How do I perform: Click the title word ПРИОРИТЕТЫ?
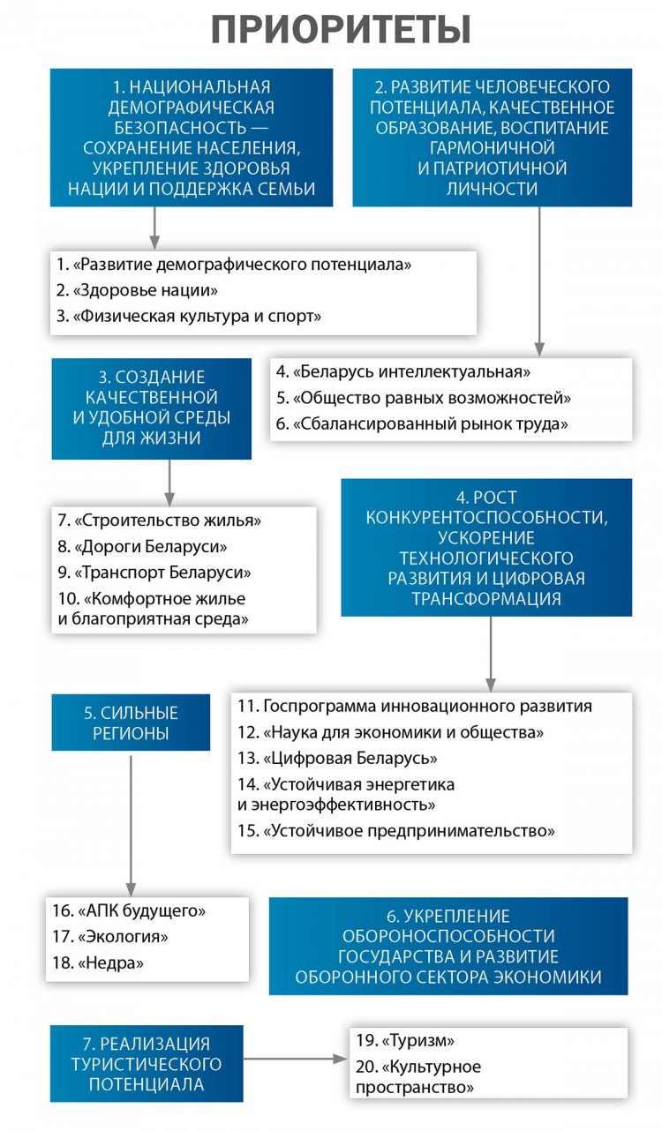(x=340, y=28)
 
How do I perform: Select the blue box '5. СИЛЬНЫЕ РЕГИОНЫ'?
(x=131, y=723)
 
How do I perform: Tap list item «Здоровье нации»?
(x=137, y=289)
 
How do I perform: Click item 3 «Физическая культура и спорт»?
(x=188, y=316)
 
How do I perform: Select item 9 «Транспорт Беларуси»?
(x=154, y=572)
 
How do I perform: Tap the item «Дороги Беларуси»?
(x=143, y=546)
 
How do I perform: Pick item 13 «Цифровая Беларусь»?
(x=338, y=759)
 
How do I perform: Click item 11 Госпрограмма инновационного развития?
(x=415, y=706)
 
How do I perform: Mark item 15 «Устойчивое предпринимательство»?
(x=396, y=830)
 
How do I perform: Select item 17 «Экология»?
(x=110, y=936)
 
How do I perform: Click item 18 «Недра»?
(x=98, y=962)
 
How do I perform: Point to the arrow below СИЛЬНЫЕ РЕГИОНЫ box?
(x=132, y=820)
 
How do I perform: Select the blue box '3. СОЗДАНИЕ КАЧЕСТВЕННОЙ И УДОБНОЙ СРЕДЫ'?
(x=151, y=408)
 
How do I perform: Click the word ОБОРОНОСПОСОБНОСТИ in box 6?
(x=448, y=936)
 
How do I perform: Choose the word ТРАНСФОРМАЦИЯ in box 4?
(x=486, y=598)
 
